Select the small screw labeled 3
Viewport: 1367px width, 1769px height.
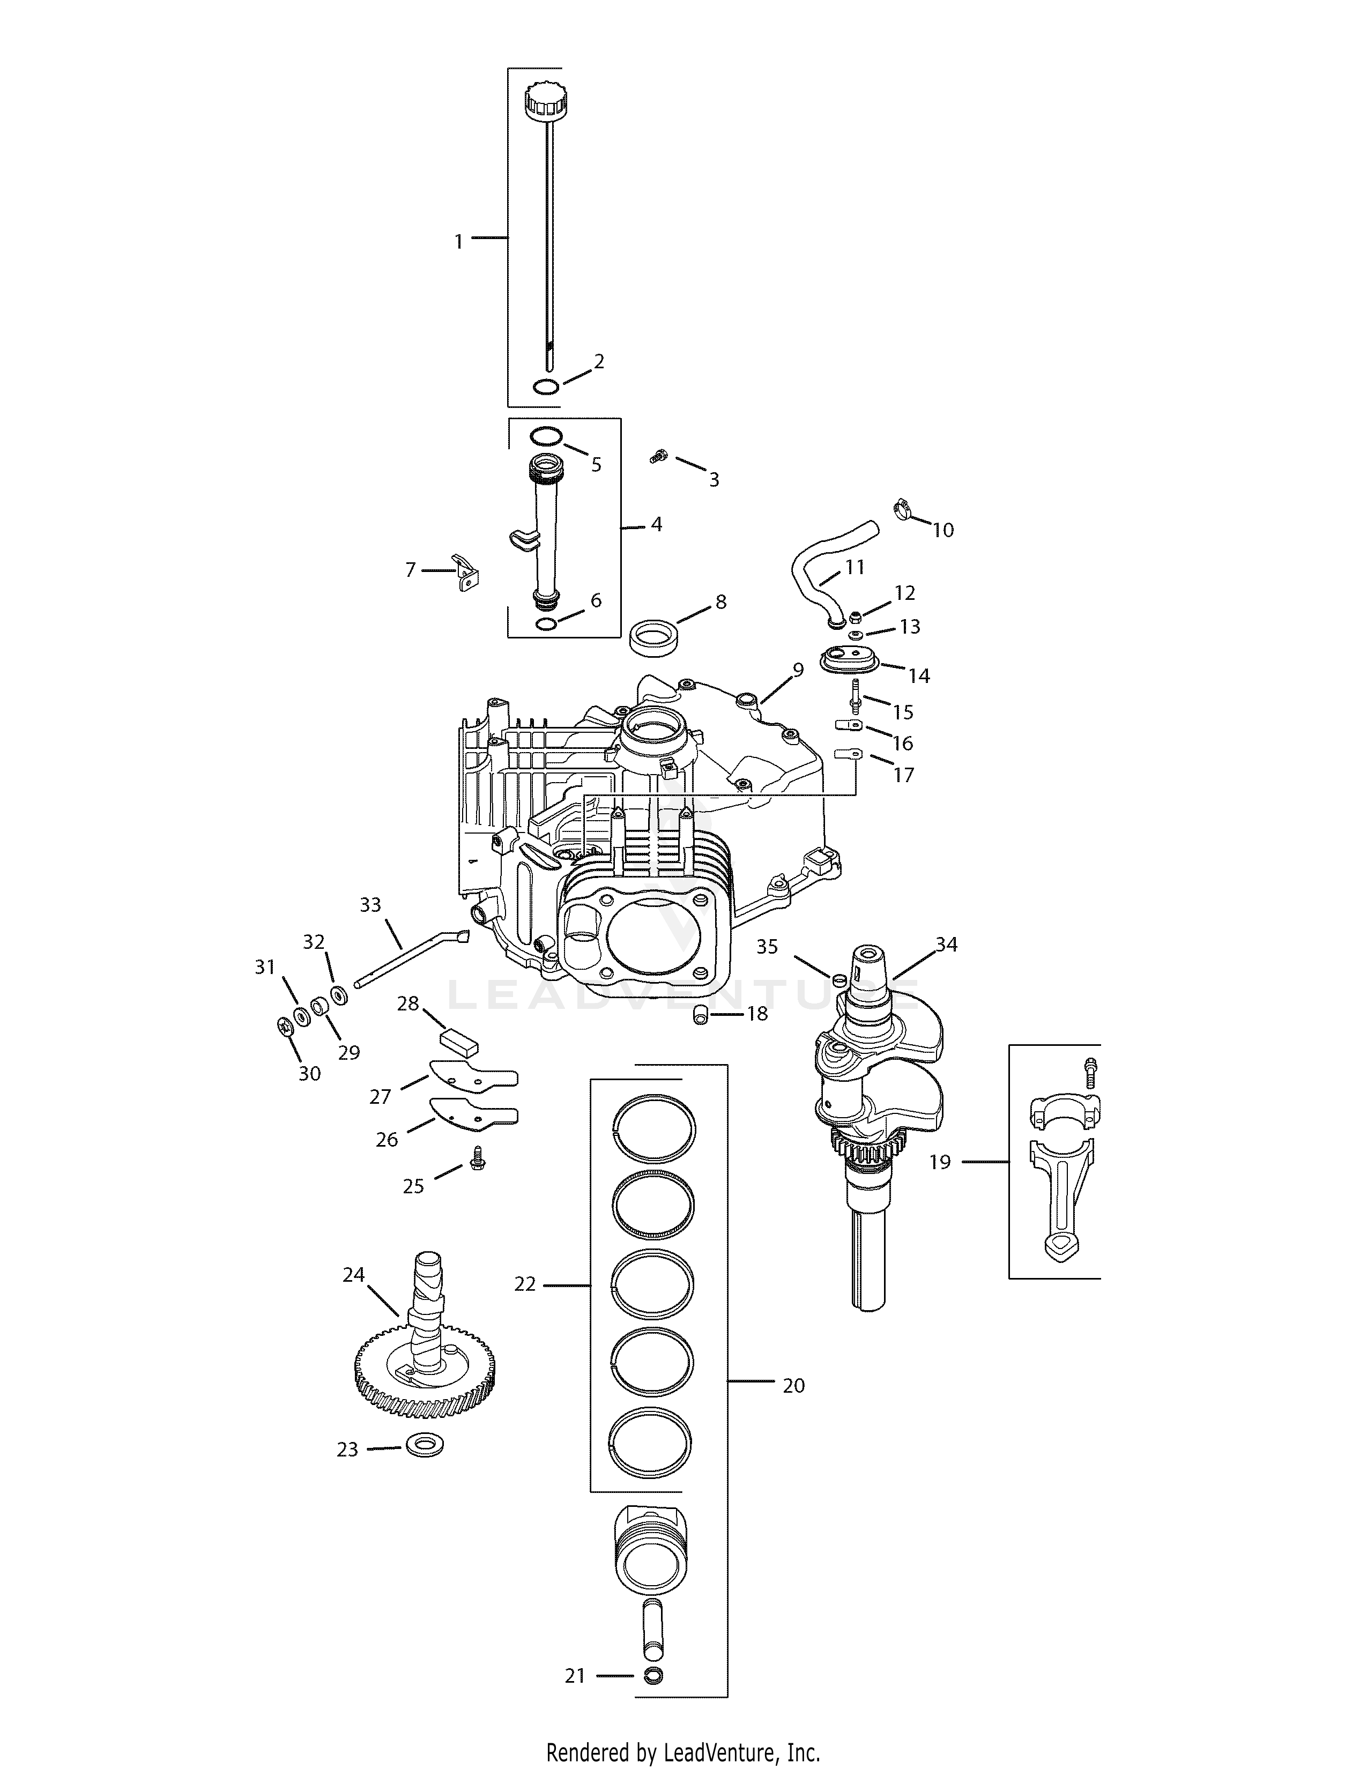click(658, 458)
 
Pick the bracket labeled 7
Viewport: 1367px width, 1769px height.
click(464, 571)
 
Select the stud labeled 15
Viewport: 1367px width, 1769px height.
click(855, 696)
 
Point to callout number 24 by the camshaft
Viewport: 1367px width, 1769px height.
click(353, 1274)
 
